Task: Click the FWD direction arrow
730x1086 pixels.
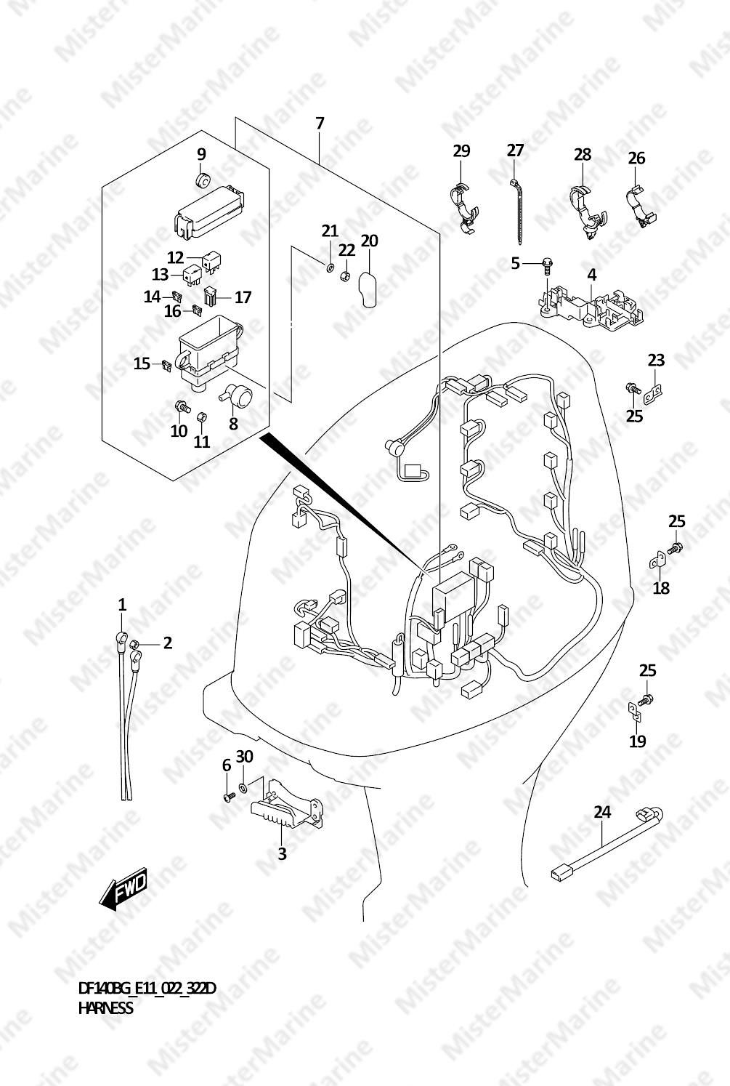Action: (123, 889)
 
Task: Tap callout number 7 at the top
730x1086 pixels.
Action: (320, 124)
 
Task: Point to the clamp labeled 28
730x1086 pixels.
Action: (587, 212)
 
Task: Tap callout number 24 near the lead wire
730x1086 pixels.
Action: (602, 811)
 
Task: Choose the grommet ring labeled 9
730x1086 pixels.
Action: (201, 180)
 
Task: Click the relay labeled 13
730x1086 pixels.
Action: (191, 276)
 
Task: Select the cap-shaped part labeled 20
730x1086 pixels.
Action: (369, 289)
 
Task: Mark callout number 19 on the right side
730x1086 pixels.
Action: (638, 741)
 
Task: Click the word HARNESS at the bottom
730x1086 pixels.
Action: (105, 1007)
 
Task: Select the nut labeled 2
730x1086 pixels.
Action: (136, 644)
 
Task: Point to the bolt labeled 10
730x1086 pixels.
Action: (182, 406)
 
